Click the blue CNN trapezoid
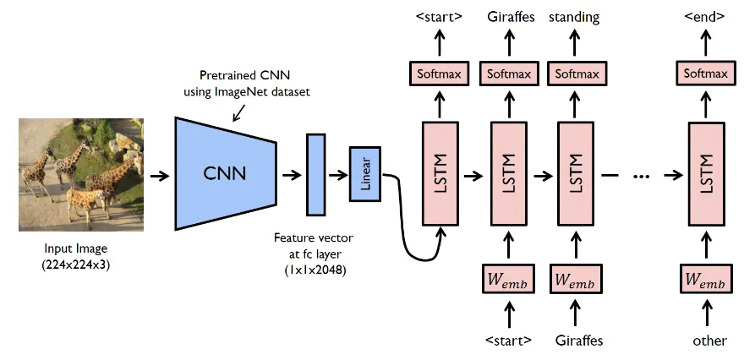[x=225, y=174]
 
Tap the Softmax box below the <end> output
[x=706, y=74]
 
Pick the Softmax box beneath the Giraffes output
[x=509, y=74]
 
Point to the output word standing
[x=574, y=15]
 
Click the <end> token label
[x=706, y=15]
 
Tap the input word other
[x=708, y=341]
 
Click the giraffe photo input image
[x=81, y=175]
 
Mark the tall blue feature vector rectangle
[x=316, y=174]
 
